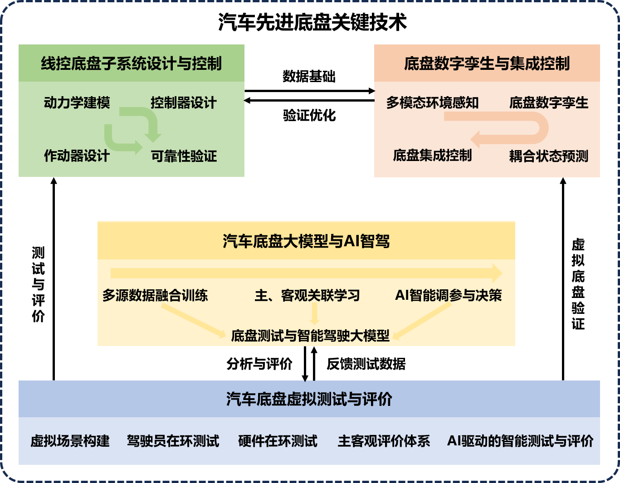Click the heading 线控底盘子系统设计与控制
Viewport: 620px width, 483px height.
pyautogui.click(x=131, y=63)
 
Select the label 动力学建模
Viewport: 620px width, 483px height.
pyautogui.click(x=77, y=103)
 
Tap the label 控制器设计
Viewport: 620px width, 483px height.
pyautogui.click(x=183, y=103)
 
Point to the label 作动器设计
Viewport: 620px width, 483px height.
pyautogui.click(x=77, y=156)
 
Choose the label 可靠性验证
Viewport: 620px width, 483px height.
pyautogui.click(x=184, y=156)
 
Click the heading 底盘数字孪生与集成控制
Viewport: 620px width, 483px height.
pyautogui.click(x=487, y=63)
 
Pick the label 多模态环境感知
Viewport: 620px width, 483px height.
pyautogui.click(x=432, y=103)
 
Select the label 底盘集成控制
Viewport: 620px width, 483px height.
pyautogui.click(x=432, y=156)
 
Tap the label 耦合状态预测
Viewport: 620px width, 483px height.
pyautogui.click(x=548, y=156)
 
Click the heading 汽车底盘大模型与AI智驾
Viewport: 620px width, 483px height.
pyautogui.click(x=306, y=241)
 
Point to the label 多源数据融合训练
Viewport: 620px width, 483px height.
pyautogui.click(x=155, y=295)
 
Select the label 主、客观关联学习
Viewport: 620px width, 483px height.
pyautogui.click(x=307, y=295)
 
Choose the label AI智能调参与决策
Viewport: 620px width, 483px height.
pyautogui.click(x=449, y=295)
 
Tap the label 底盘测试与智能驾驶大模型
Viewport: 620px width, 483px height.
pyautogui.click(x=310, y=336)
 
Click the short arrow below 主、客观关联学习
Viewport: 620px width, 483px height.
pyautogui.click(x=314, y=313)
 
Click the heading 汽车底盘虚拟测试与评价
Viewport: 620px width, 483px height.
pyautogui.click(x=309, y=399)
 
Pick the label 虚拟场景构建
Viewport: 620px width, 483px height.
pyautogui.click(x=70, y=441)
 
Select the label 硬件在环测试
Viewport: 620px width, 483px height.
pyautogui.click(x=278, y=441)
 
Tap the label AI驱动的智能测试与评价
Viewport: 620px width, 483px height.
pyautogui.click(x=520, y=441)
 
